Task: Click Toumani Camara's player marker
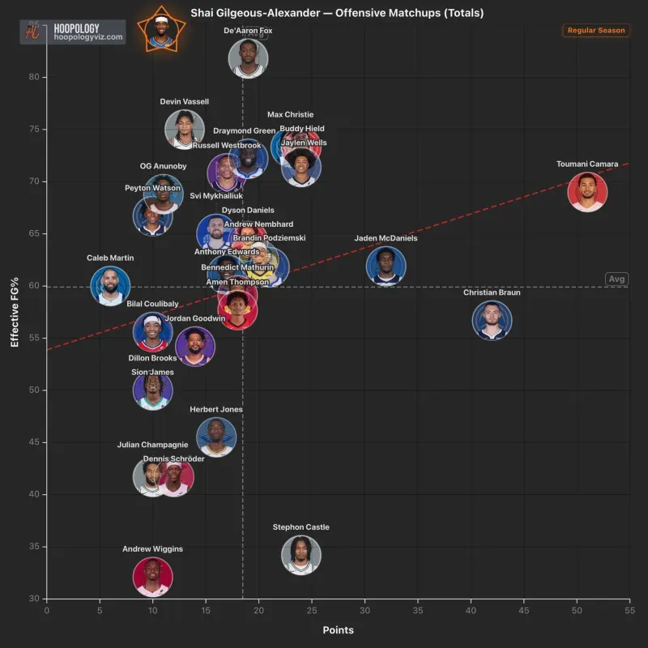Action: click(587, 192)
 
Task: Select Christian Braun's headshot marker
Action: click(492, 320)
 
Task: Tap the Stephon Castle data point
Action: click(301, 555)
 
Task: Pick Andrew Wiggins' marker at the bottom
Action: click(152, 576)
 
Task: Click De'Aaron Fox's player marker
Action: click(248, 58)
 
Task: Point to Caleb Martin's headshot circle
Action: click(110, 285)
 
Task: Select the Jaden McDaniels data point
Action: click(386, 266)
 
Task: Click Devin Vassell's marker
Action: click(185, 129)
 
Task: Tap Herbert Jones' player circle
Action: click(216, 437)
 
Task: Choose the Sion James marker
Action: click(152, 390)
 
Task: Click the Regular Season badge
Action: click(595, 31)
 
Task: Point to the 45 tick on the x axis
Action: click(524, 611)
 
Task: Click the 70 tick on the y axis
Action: click(36, 181)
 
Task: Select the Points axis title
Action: click(338, 630)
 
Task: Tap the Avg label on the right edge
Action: click(617, 279)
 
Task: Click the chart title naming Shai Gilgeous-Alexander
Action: click(337, 13)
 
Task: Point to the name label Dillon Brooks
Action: click(152, 358)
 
